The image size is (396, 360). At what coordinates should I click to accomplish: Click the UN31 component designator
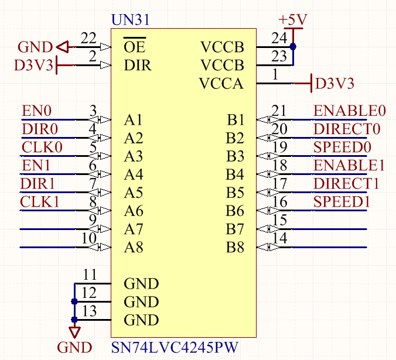[x=129, y=19]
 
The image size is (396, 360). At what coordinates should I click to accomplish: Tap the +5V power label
[x=293, y=19]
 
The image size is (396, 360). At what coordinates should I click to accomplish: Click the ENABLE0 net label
[x=350, y=111]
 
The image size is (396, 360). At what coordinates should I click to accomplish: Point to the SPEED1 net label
[x=342, y=202]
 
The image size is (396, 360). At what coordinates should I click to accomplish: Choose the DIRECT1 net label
[x=346, y=184]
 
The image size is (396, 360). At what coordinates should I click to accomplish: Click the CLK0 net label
[x=42, y=147]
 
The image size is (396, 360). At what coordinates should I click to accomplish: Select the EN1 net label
[x=36, y=165]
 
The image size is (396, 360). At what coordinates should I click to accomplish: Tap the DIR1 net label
[x=37, y=184]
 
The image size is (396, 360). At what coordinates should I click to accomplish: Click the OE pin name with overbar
[x=135, y=46]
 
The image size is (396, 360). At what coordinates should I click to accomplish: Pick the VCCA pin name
[x=221, y=84]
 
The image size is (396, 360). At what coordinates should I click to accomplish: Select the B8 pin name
[x=235, y=248]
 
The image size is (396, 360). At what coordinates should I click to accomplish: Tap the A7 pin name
[x=134, y=229]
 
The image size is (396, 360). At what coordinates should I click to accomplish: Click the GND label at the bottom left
[x=74, y=348]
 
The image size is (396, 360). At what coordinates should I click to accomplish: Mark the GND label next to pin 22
[x=35, y=47]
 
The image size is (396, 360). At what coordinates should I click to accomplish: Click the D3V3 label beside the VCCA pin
[x=334, y=84]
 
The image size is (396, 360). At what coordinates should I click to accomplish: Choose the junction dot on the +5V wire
[x=293, y=47]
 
